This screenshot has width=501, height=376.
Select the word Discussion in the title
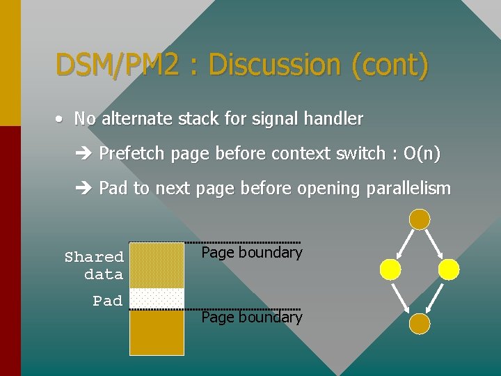[x=276, y=65]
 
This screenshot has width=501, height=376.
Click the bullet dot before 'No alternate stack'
[x=61, y=119]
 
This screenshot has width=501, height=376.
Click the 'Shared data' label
[x=95, y=265]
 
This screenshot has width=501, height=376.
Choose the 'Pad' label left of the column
[x=108, y=301]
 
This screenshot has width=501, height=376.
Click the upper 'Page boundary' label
[x=251, y=252]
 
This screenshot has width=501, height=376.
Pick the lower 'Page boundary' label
[x=251, y=318]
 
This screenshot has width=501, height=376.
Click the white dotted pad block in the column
[x=157, y=298]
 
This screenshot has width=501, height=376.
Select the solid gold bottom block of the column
[x=157, y=331]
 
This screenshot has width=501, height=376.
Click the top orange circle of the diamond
[x=420, y=219]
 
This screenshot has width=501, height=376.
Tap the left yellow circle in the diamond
[x=390, y=269]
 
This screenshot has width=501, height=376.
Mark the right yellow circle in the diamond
[x=449, y=269]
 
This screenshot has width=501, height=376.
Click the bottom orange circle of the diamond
[x=420, y=323]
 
